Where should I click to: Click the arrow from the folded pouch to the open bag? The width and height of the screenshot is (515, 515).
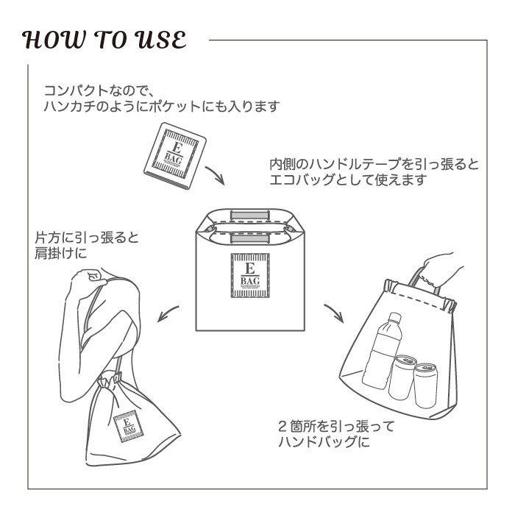pyautogui.click(x=216, y=176)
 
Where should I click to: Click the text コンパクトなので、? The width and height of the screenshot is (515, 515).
pyautogui.click(x=96, y=91)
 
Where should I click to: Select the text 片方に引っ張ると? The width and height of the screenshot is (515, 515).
pyautogui.click(x=87, y=239)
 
